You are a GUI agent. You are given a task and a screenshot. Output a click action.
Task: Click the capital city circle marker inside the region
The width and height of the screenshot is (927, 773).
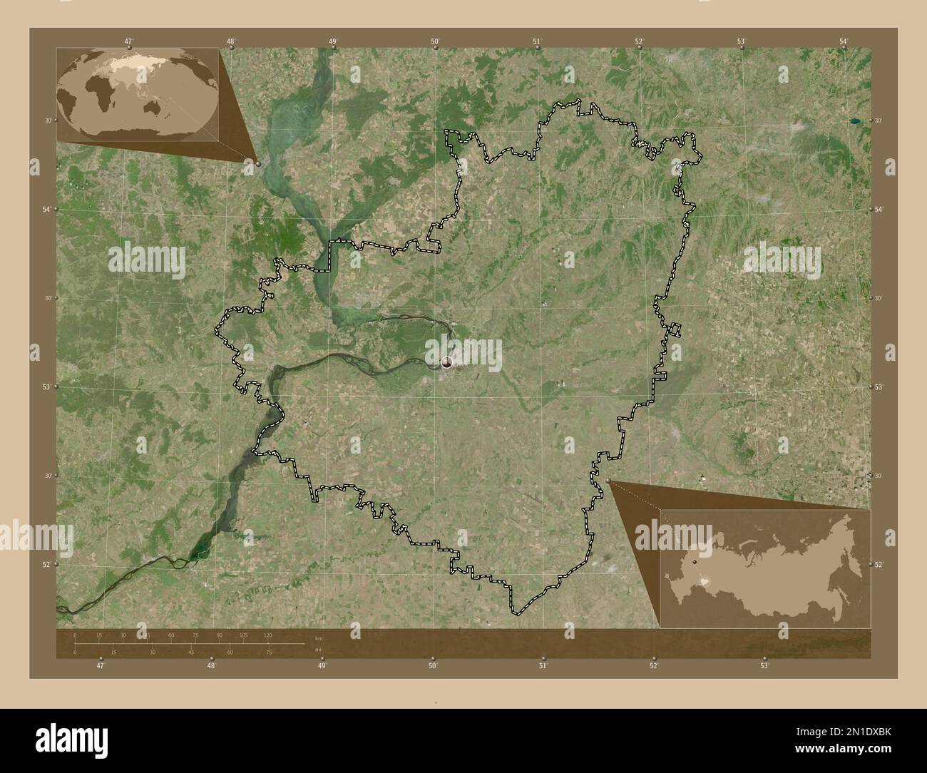447,362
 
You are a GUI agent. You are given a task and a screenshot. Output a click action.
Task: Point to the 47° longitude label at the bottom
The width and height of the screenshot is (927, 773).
101,666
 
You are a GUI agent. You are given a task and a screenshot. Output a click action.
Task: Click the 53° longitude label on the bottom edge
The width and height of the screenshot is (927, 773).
764,666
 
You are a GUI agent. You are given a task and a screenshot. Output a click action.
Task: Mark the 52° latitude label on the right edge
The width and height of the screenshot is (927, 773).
879,565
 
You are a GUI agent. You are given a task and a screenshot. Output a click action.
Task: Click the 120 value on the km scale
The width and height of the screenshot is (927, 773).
267,635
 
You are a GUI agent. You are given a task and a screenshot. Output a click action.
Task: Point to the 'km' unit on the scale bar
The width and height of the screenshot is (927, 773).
318,638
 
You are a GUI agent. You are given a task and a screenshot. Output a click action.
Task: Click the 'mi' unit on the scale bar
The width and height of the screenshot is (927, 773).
317,650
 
